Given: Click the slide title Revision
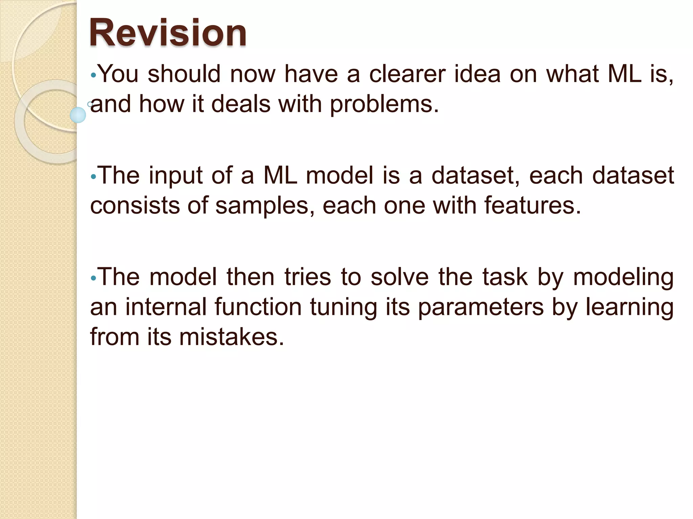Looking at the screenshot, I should point(167,33).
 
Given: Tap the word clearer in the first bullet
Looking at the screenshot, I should point(407,74).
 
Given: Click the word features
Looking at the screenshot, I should point(532,206).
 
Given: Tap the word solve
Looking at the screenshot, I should point(400,277).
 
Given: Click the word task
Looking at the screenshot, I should point(504,277).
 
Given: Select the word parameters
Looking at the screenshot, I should point(480,307).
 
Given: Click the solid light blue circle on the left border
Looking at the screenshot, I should point(78,115).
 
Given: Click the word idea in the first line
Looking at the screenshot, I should point(477,74).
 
